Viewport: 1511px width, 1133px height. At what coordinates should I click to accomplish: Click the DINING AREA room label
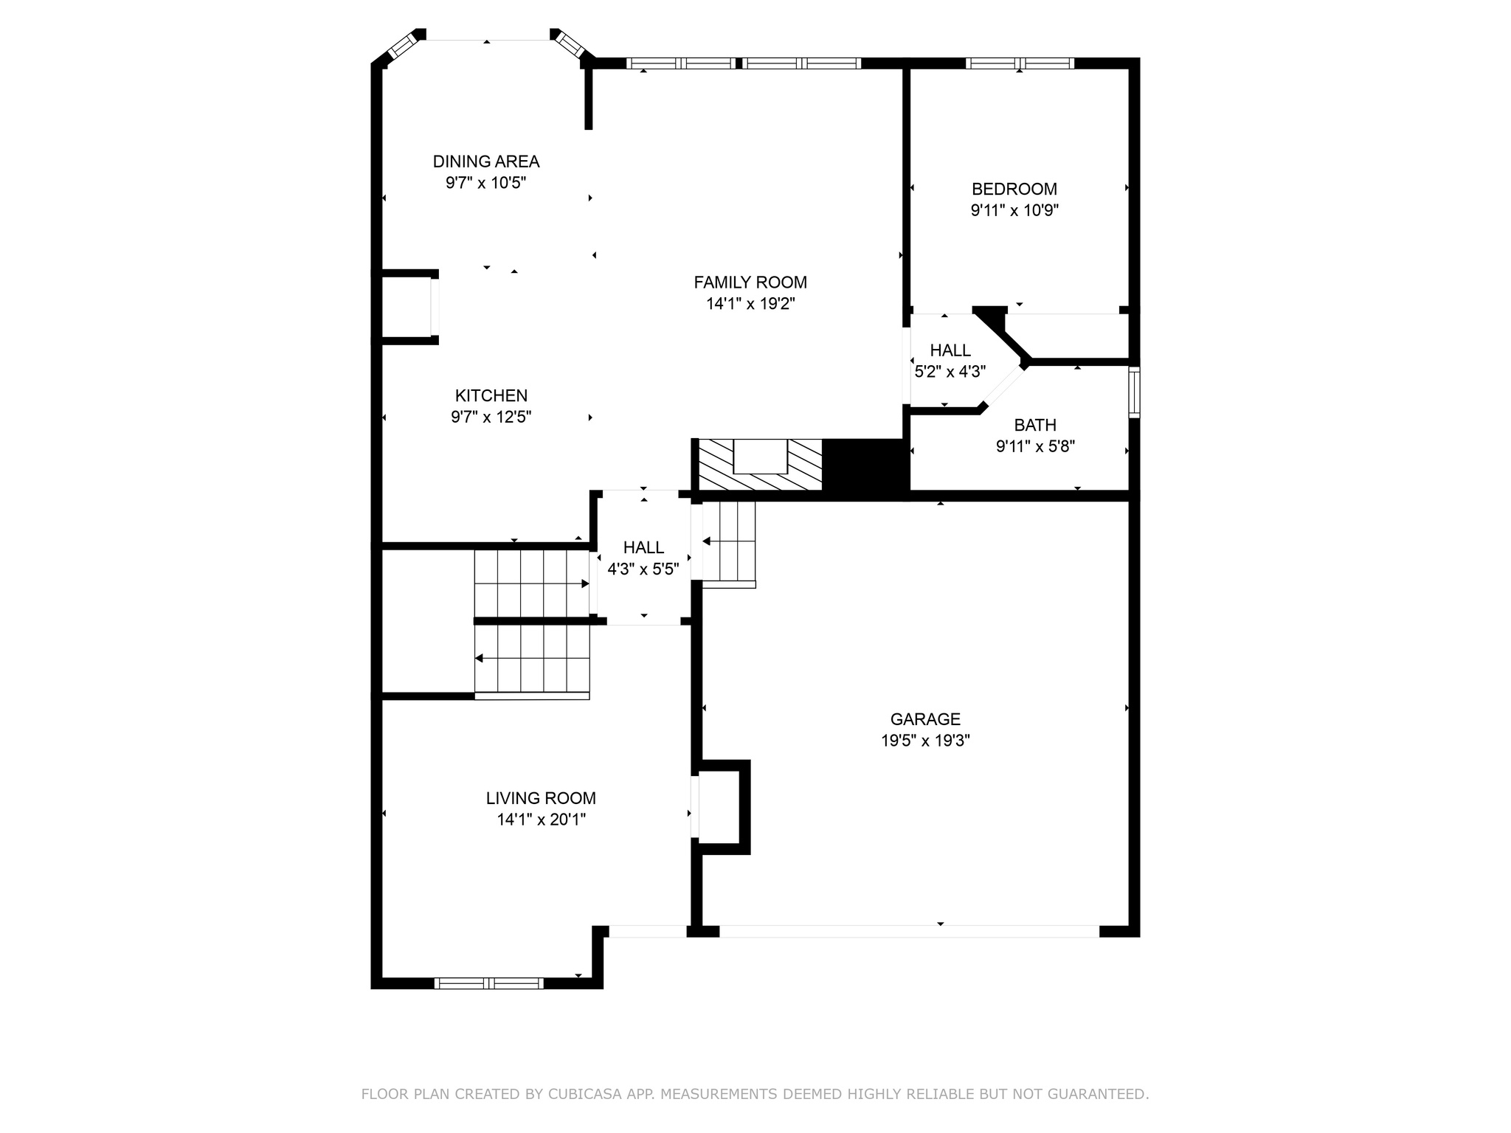486,162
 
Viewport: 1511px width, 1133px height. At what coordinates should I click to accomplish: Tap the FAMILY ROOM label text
750,283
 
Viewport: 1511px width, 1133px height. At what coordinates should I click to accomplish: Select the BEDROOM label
1014,189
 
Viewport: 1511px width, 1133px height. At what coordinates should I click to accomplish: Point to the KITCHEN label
491,395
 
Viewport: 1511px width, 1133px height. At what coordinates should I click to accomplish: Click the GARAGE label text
925,719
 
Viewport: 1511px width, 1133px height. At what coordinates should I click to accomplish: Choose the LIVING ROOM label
541,798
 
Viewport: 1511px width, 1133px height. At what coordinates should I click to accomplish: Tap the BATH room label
1035,426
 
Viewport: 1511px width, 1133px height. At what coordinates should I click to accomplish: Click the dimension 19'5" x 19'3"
925,741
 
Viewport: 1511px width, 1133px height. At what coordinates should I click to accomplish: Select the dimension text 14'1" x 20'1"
542,820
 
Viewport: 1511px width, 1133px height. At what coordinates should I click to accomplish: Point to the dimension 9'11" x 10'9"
1014,211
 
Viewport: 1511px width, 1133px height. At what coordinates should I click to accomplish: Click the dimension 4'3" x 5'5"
643,569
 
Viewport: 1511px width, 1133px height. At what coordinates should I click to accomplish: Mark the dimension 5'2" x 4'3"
950,372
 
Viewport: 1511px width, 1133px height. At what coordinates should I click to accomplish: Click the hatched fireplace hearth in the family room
760,465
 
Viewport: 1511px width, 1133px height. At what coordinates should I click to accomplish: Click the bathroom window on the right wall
1135,392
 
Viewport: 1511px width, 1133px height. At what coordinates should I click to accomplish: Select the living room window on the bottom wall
489,983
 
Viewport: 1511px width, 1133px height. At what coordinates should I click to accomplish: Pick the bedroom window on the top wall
1020,63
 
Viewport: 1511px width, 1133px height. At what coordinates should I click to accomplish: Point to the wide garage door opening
909,932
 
